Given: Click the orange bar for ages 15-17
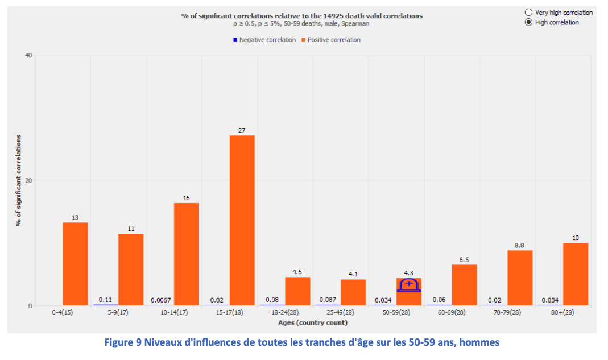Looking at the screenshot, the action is (x=242, y=220).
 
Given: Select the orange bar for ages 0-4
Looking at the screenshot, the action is (x=75, y=264).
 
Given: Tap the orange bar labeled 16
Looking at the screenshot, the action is (x=187, y=254).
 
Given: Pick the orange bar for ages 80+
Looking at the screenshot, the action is (x=576, y=274).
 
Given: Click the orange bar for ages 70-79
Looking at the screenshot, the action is (x=520, y=278).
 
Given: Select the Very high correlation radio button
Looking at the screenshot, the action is (x=528, y=13).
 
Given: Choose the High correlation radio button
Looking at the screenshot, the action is (x=528, y=23).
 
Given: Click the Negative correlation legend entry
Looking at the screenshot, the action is (x=264, y=40).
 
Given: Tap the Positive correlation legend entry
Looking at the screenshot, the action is (x=331, y=40).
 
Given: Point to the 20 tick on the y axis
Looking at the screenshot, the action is (x=28, y=181).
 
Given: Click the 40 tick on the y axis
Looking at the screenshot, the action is (x=28, y=56).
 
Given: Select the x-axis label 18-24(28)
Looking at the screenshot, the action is (x=285, y=312).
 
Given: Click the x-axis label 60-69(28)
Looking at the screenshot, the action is (x=452, y=312).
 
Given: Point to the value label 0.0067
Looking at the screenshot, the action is (x=160, y=300).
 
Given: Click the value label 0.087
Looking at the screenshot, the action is (x=328, y=300).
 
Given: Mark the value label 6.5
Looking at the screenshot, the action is (x=464, y=260).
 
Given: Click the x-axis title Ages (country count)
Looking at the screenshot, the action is (x=312, y=323).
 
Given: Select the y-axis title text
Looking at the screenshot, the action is (x=18, y=180).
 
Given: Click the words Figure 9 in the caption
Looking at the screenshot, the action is (x=123, y=342).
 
